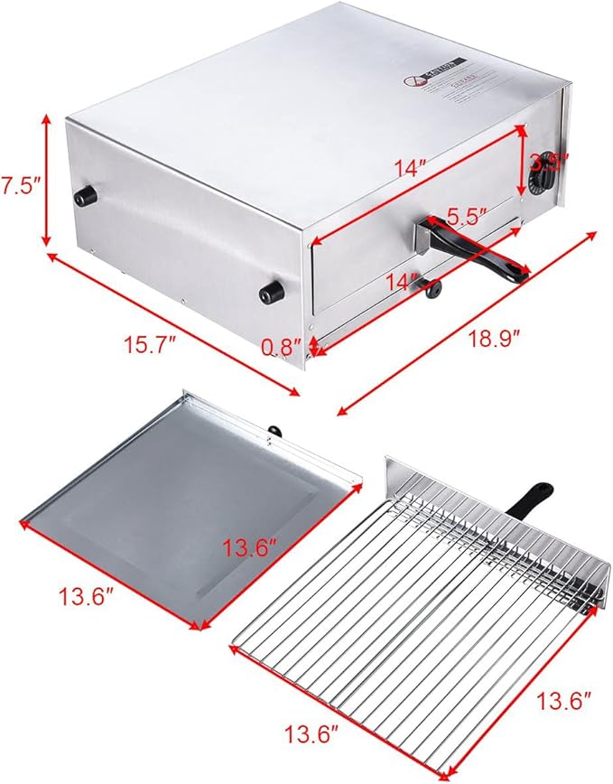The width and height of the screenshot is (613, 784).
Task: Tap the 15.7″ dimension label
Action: click(x=150, y=343)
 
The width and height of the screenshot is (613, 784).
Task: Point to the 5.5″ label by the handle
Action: click(x=468, y=216)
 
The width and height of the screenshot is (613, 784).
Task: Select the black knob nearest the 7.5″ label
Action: click(x=84, y=196)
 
